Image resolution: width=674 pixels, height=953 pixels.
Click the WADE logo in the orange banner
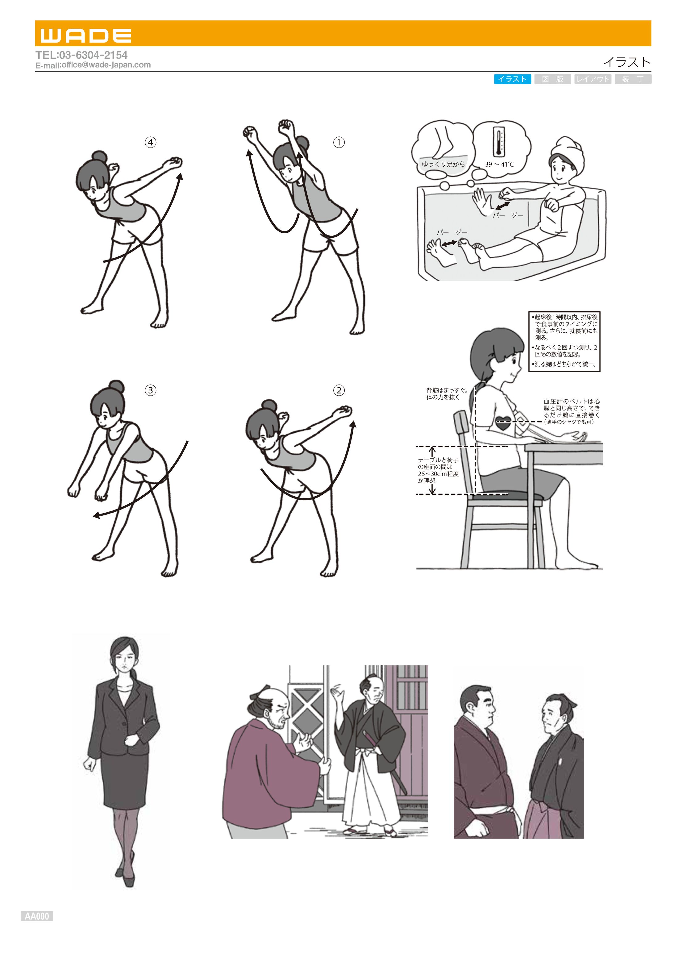pyautogui.click(x=86, y=36)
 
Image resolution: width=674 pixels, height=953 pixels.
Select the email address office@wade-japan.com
pyautogui.click(x=106, y=65)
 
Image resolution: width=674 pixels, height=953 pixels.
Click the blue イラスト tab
pyautogui.click(x=512, y=79)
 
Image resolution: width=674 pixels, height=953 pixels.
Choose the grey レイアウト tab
pyautogui.click(x=592, y=79)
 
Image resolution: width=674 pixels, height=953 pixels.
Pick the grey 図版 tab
pyautogui.click(x=552, y=79)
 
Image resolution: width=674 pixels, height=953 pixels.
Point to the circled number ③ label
pyautogui.click(x=150, y=390)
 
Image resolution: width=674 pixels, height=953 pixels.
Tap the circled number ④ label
pyautogui.click(x=150, y=142)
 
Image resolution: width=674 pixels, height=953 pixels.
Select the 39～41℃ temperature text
pyautogui.click(x=499, y=164)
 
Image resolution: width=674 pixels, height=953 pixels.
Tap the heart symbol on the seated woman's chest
pyautogui.click(x=503, y=423)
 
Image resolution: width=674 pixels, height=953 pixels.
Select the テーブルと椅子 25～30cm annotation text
pyautogui.click(x=438, y=470)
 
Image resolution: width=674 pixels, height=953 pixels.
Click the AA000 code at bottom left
pyautogui.click(x=37, y=916)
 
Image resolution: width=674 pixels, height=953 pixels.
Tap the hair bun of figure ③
pyautogui.click(x=116, y=385)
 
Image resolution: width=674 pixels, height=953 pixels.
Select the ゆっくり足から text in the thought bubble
pyautogui.click(x=443, y=164)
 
